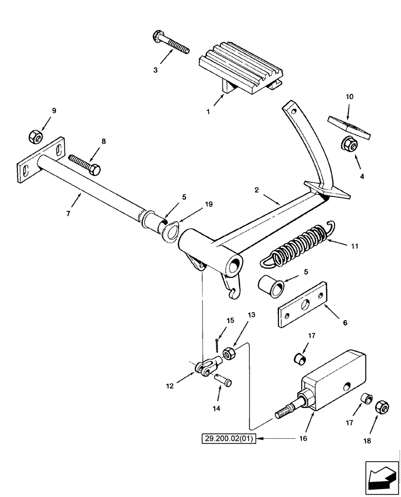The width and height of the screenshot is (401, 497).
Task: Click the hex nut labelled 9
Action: coord(36,135)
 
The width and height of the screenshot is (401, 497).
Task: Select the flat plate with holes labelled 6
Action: coord(303,305)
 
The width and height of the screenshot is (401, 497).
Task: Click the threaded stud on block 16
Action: coord(285,413)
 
